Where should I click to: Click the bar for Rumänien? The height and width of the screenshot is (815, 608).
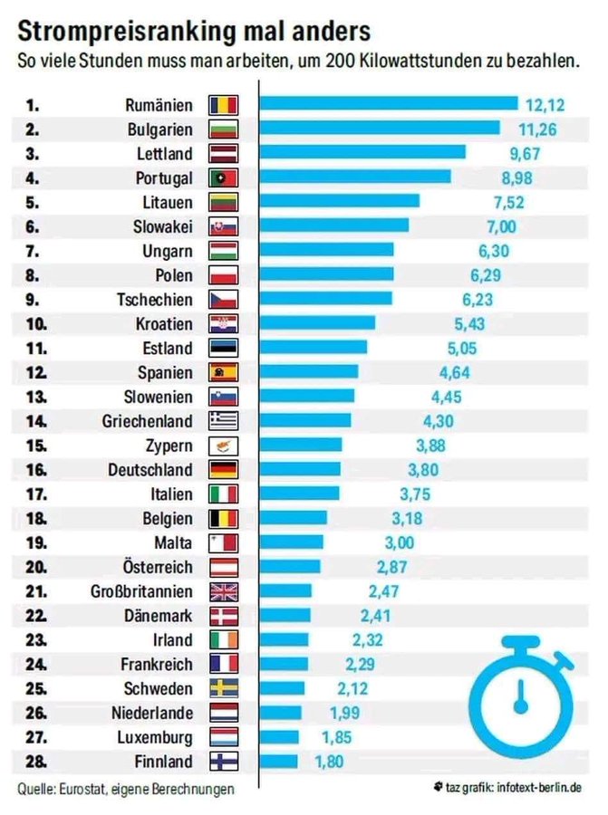point(389,104)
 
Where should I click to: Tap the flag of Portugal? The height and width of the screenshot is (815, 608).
point(223,177)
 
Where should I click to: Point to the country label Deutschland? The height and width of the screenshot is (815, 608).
point(150,469)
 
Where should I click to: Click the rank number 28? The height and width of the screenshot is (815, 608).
point(35,761)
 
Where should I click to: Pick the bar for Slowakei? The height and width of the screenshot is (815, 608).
point(334,225)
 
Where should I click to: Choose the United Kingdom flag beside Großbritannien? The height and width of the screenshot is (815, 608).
point(223,591)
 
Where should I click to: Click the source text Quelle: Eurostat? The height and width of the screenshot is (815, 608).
point(68,790)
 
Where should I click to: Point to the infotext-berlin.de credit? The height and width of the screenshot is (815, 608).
point(536,790)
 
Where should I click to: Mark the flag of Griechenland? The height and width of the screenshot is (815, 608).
point(223,420)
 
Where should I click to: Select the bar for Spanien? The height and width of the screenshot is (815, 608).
point(309,371)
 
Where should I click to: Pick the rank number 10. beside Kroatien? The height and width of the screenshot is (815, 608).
point(37,323)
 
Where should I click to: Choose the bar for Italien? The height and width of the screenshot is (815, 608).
point(300,494)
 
